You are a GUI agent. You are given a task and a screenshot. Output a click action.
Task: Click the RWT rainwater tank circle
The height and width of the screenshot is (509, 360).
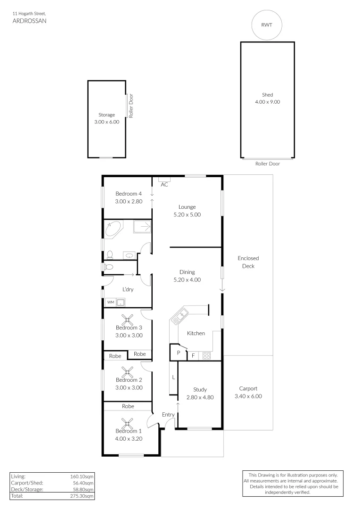coord(267,25)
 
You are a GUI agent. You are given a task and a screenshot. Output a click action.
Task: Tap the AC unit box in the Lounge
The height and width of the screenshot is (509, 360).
coord(164,179)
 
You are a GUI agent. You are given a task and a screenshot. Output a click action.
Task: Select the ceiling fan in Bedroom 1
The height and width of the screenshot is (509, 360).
coord(125,422)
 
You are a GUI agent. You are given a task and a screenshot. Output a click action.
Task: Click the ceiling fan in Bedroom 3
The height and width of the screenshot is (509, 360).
coord(125,319)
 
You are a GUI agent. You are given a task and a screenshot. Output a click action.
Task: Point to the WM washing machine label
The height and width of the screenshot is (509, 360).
coord(111,302)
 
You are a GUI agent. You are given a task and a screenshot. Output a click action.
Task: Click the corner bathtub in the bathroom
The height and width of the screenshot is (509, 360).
coord(113,229)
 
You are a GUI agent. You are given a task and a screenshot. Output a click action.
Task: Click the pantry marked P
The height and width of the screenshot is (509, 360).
coord(178,353)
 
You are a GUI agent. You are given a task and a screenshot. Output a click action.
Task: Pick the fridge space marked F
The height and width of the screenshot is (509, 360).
coord(193,356)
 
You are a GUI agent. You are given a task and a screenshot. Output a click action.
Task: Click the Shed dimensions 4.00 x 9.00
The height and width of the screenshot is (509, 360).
coord(267,102)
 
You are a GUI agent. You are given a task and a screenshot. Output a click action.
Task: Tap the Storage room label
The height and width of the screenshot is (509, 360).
coord(106,115)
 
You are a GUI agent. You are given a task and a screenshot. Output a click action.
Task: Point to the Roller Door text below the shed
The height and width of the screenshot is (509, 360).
coord(267,164)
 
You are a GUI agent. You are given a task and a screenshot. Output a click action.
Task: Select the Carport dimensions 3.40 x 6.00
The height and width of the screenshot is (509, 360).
coord(248,396)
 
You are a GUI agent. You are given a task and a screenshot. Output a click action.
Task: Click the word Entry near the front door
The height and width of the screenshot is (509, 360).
coord(168,415)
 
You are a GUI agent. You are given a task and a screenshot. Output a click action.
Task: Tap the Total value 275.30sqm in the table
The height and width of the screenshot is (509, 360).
coord(85,496)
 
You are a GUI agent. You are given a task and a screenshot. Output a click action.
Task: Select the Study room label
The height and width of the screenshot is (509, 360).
coord(200,389)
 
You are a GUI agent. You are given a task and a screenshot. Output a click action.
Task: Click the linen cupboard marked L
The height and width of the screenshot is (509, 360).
coord(173,378)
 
